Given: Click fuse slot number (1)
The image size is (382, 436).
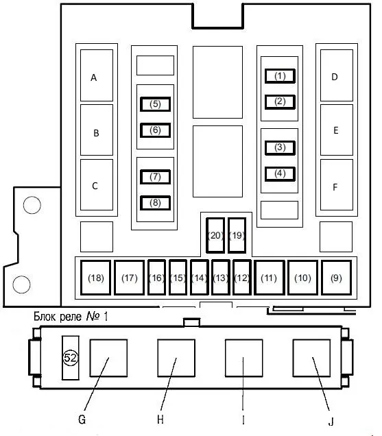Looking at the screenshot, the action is point(280,76).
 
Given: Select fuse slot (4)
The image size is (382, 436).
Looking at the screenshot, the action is point(280,174).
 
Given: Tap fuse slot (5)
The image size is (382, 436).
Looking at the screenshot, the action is point(155,104).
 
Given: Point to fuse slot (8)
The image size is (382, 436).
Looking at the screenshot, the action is point(155,203).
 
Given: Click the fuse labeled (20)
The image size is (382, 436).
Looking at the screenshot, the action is point(215,236).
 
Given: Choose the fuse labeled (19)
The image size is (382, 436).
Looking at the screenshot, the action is point(237,236).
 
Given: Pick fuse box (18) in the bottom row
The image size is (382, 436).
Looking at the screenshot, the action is point(96,278).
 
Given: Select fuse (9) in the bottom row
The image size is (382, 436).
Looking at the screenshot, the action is point(336,278).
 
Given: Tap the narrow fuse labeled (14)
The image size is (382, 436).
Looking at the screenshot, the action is point(200,278).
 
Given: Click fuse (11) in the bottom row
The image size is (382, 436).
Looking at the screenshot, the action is point(269,278).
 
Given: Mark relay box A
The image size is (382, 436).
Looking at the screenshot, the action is point(97,75).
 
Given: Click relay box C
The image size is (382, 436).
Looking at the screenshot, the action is point(97,184).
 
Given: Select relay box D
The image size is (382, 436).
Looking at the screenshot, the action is point(337,75).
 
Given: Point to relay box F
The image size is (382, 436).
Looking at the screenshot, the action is point(337,184).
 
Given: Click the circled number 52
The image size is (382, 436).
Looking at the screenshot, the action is point(71,358).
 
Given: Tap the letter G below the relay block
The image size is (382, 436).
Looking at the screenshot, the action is point(82,420).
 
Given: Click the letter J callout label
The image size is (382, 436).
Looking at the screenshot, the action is point(331,422).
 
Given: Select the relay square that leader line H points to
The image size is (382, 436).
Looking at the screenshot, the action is point(176,358).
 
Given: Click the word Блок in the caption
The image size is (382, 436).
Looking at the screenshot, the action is point(44,317).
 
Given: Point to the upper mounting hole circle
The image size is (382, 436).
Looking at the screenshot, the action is point(32,205).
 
